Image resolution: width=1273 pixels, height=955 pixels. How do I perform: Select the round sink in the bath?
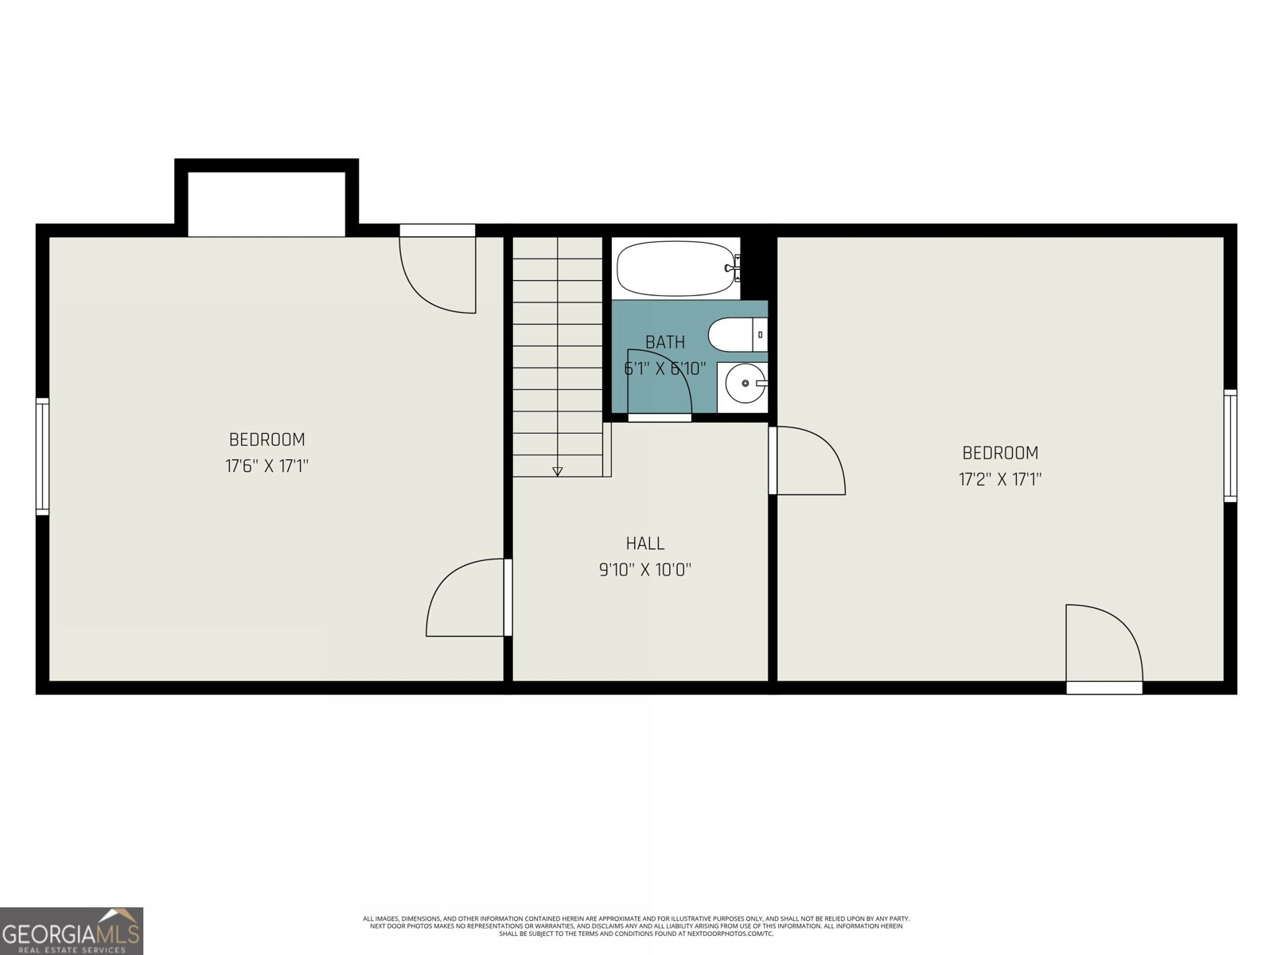(746, 384)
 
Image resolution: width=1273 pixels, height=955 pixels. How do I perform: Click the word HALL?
(644, 544)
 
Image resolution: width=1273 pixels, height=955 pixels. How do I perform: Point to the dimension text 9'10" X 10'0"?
(644, 570)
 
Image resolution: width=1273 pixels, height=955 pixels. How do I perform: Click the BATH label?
(664, 342)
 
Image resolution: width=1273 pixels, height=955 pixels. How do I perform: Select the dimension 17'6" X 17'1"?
(267, 466)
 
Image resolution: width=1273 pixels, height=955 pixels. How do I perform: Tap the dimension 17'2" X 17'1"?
(1000, 479)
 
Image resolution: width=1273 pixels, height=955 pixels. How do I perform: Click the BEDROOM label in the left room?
(267, 439)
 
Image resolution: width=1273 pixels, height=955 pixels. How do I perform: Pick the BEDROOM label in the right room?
(1000, 453)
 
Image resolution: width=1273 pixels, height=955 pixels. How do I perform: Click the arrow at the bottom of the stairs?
(557, 471)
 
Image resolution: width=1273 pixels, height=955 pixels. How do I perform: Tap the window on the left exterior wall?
(42, 456)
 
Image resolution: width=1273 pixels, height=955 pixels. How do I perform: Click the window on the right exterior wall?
(1230, 446)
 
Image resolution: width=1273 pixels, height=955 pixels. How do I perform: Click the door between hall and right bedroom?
(808, 462)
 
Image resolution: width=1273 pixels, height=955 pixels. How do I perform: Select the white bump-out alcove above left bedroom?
(267, 203)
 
